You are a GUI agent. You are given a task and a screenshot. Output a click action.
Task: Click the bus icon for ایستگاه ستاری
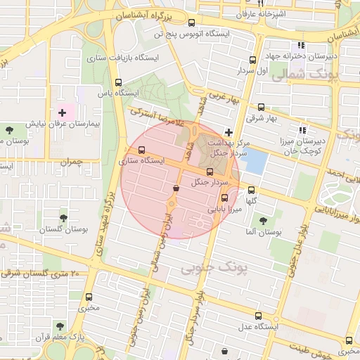pyautogui.click(x=143, y=150)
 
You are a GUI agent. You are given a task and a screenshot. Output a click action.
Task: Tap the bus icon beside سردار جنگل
pyautogui.click(x=210, y=172)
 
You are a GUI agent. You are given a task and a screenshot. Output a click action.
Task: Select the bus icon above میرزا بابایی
pyautogui.click(x=224, y=198)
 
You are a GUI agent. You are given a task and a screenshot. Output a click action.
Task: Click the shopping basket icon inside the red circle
pyautogui.click(x=175, y=188)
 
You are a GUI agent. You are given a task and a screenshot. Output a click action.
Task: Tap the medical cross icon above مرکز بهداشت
pyautogui.click(x=228, y=131)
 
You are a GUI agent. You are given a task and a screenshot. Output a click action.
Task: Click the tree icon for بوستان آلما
pyautogui.click(x=262, y=219)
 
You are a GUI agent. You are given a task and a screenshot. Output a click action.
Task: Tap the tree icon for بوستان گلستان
pyautogui.click(x=64, y=219)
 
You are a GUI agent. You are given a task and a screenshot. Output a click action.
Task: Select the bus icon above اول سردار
pyautogui.click(x=255, y=60)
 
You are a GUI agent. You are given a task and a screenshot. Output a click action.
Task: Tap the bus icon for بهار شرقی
pyautogui.click(x=262, y=108)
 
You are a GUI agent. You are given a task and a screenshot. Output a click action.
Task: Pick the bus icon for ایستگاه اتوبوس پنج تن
pyautogui.click(x=193, y=22)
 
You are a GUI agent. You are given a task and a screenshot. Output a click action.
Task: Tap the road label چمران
pyautogui.click(x=70, y=162)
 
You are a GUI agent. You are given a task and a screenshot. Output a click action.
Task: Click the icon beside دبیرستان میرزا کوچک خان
pyautogui.click(x=303, y=130)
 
